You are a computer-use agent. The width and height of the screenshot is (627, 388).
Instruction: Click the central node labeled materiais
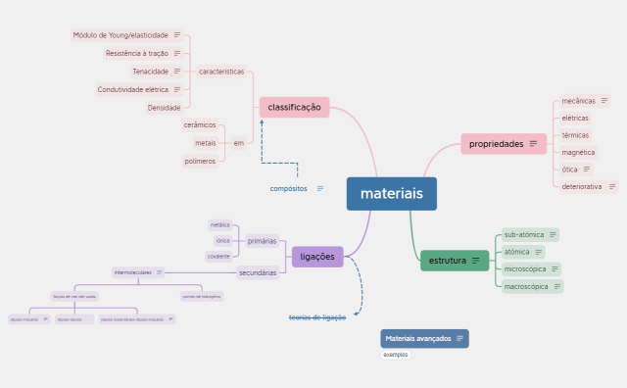(x=391, y=194)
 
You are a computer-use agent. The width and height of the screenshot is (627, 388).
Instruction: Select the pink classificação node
(x=294, y=107)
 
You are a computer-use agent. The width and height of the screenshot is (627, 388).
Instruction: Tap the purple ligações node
(x=317, y=257)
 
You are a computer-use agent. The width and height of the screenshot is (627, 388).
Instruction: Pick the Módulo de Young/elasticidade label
(x=121, y=35)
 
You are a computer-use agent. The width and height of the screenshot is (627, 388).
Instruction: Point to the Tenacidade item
(x=151, y=72)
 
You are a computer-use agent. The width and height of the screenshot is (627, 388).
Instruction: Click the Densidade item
(x=164, y=108)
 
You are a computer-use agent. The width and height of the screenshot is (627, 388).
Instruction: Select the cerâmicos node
(x=199, y=124)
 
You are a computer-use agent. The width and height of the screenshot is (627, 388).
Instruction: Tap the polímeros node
(x=199, y=161)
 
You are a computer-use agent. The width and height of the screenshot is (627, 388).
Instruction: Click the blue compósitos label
(x=289, y=188)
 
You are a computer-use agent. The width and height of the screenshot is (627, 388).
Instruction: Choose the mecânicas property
(x=578, y=100)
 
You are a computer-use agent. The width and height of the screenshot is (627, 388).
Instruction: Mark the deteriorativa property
(x=582, y=186)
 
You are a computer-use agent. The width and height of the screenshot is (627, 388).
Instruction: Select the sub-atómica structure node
(x=523, y=234)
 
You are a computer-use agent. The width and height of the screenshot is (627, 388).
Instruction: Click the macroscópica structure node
(x=526, y=287)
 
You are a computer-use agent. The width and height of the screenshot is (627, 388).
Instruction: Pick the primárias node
(x=262, y=241)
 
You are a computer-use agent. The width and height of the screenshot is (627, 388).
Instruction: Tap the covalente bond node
(x=218, y=257)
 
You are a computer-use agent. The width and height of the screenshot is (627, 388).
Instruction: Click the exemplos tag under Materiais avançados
(x=396, y=355)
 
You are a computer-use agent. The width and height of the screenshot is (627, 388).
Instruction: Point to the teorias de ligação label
(x=316, y=317)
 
